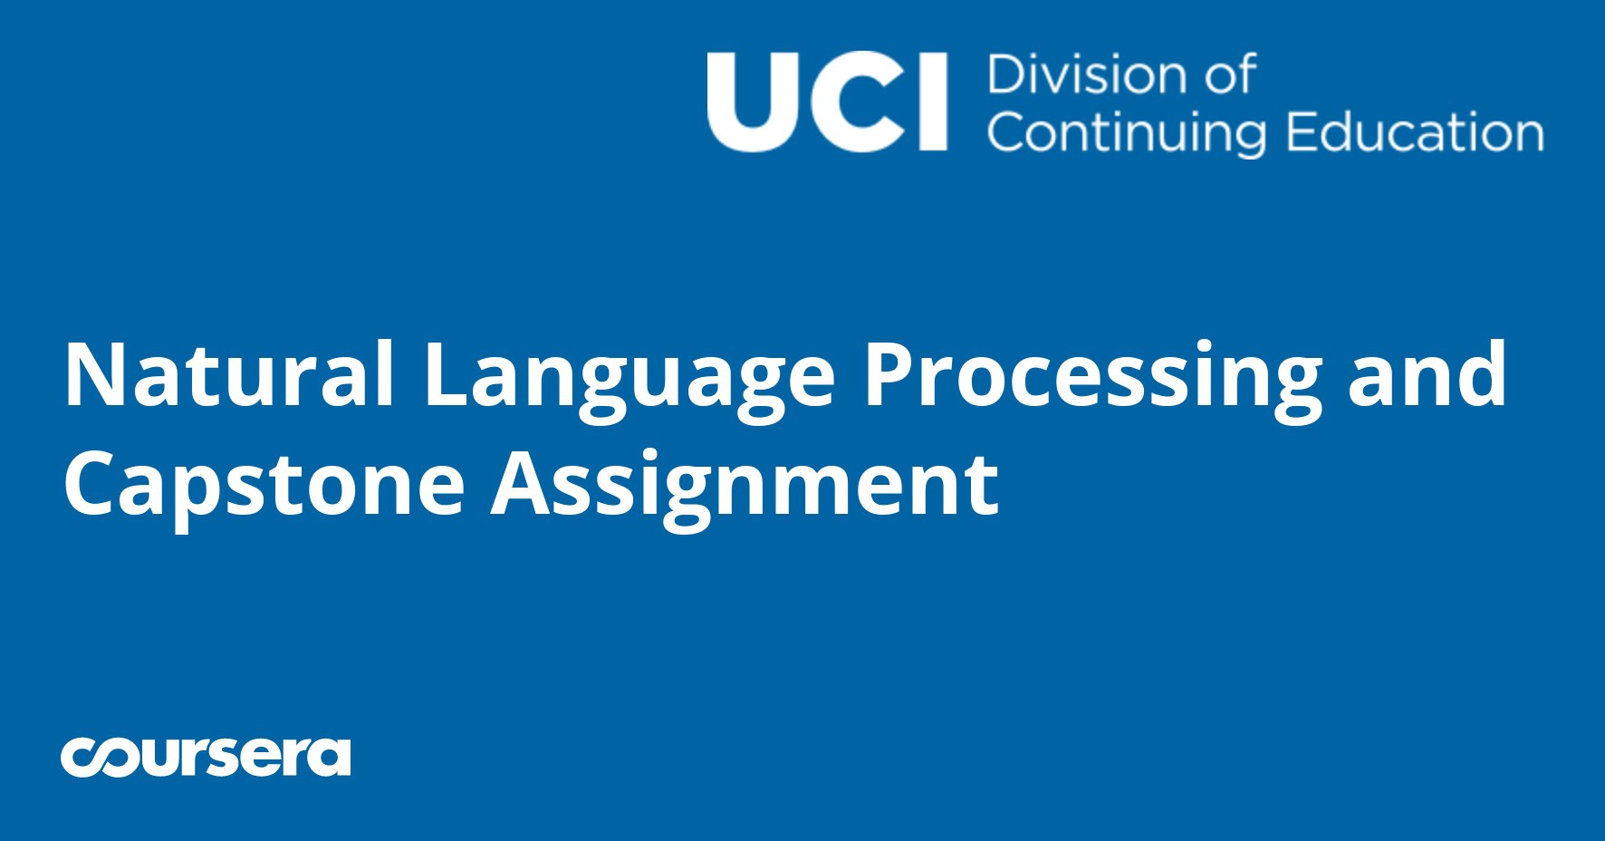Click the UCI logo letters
click(x=827, y=101)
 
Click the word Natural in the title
click(x=229, y=374)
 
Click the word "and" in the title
click(x=1427, y=374)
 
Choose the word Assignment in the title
click(x=745, y=489)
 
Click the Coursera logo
click(x=206, y=757)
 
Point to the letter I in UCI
click(x=934, y=101)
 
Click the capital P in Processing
click(x=889, y=374)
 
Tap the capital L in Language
click(x=445, y=374)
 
